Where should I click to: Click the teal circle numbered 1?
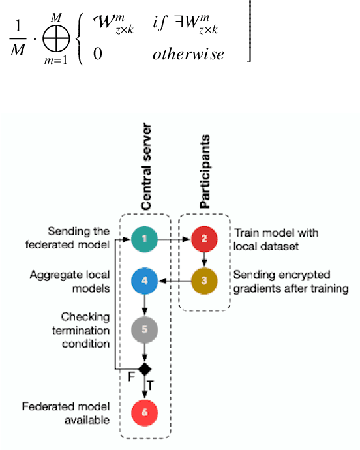(144, 239)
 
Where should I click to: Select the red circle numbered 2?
(204, 239)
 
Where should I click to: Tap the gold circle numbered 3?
(204, 282)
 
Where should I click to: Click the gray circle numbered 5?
(144, 329)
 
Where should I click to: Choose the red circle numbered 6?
(144, 412)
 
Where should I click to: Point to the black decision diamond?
(144, 369)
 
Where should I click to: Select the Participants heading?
(205, 171)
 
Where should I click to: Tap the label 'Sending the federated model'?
(79, 238)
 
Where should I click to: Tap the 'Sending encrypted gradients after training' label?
(290, 282)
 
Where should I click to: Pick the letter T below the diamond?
(151, 386)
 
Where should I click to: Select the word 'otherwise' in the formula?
(188, 53)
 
